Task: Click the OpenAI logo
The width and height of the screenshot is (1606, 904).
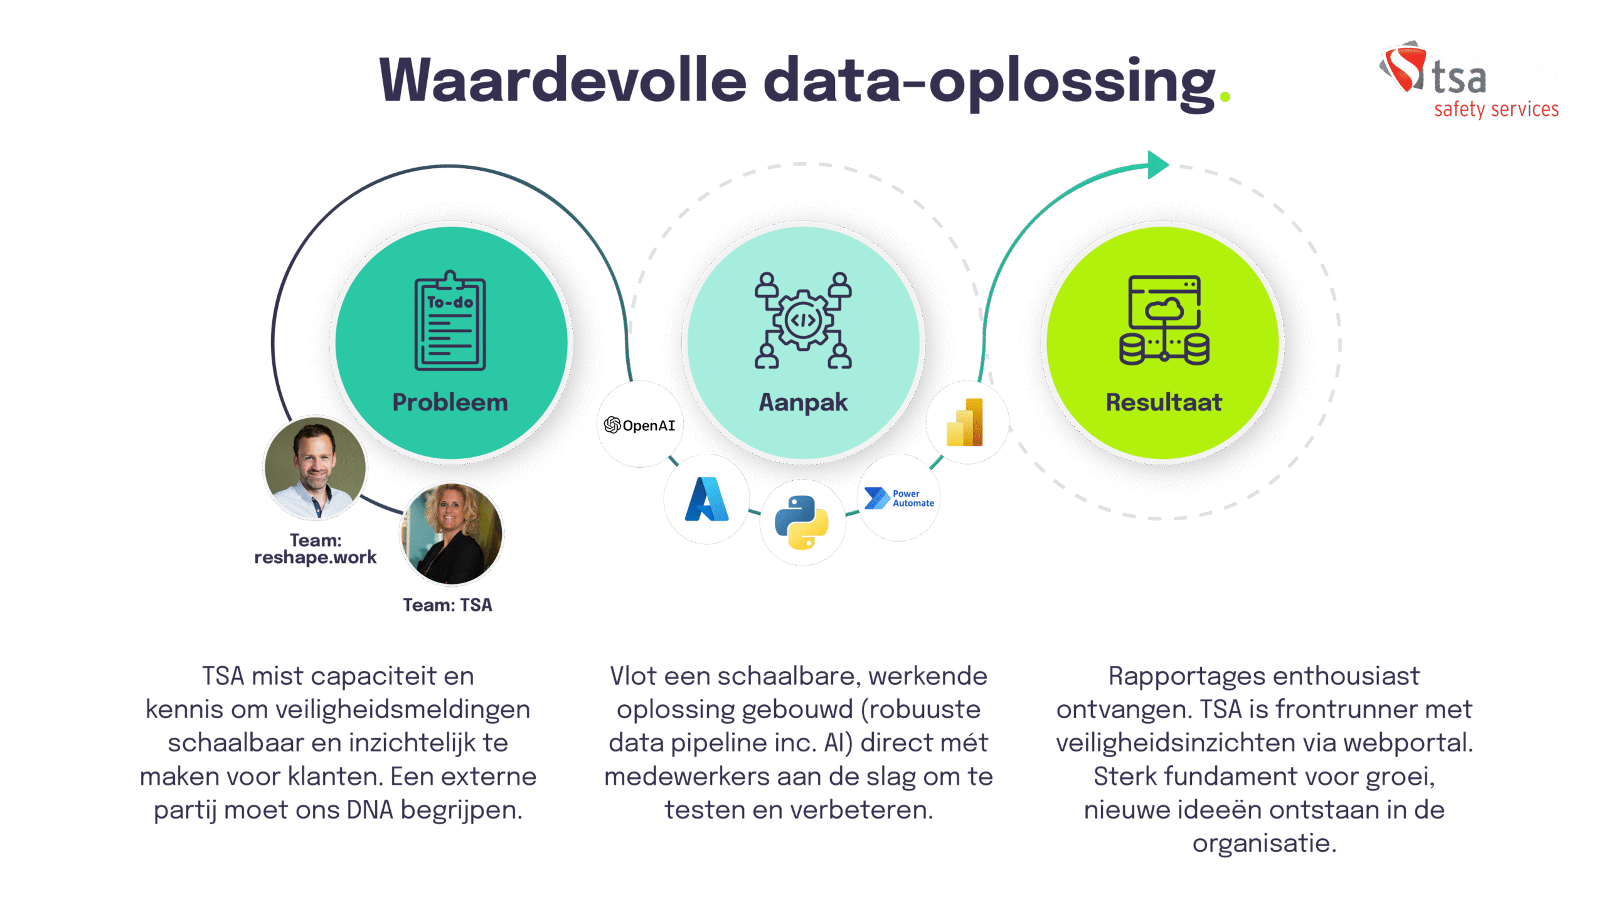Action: [639, 426]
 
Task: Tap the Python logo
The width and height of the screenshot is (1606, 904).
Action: [802, 522]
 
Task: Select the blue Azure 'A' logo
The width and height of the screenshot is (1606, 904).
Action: [707, 499]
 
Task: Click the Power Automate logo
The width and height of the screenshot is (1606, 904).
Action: [899, 498]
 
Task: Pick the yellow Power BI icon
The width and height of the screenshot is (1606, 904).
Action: [965, 422]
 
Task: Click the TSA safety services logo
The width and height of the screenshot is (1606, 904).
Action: [1469, 81]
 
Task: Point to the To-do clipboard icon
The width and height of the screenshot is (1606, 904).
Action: [450, 321]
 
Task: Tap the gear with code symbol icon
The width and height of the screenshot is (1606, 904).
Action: [803, 320]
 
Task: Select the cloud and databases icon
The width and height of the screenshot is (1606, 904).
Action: [1164, 320]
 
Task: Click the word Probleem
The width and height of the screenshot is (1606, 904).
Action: [450, 402]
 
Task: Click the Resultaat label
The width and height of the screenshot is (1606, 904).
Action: [1164, 402]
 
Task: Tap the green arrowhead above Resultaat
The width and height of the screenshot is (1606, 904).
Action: [1158, 165]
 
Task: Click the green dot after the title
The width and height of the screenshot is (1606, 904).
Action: [1225, 97]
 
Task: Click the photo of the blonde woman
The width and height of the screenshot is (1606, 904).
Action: [452, 534]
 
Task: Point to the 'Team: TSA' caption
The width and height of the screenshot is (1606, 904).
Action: [447, 605]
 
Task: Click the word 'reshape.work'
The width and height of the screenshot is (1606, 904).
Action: [316, 557]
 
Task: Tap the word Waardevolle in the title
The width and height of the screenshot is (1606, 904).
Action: [563, 80]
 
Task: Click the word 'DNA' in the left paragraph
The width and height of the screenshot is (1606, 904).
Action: [370, 810]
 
